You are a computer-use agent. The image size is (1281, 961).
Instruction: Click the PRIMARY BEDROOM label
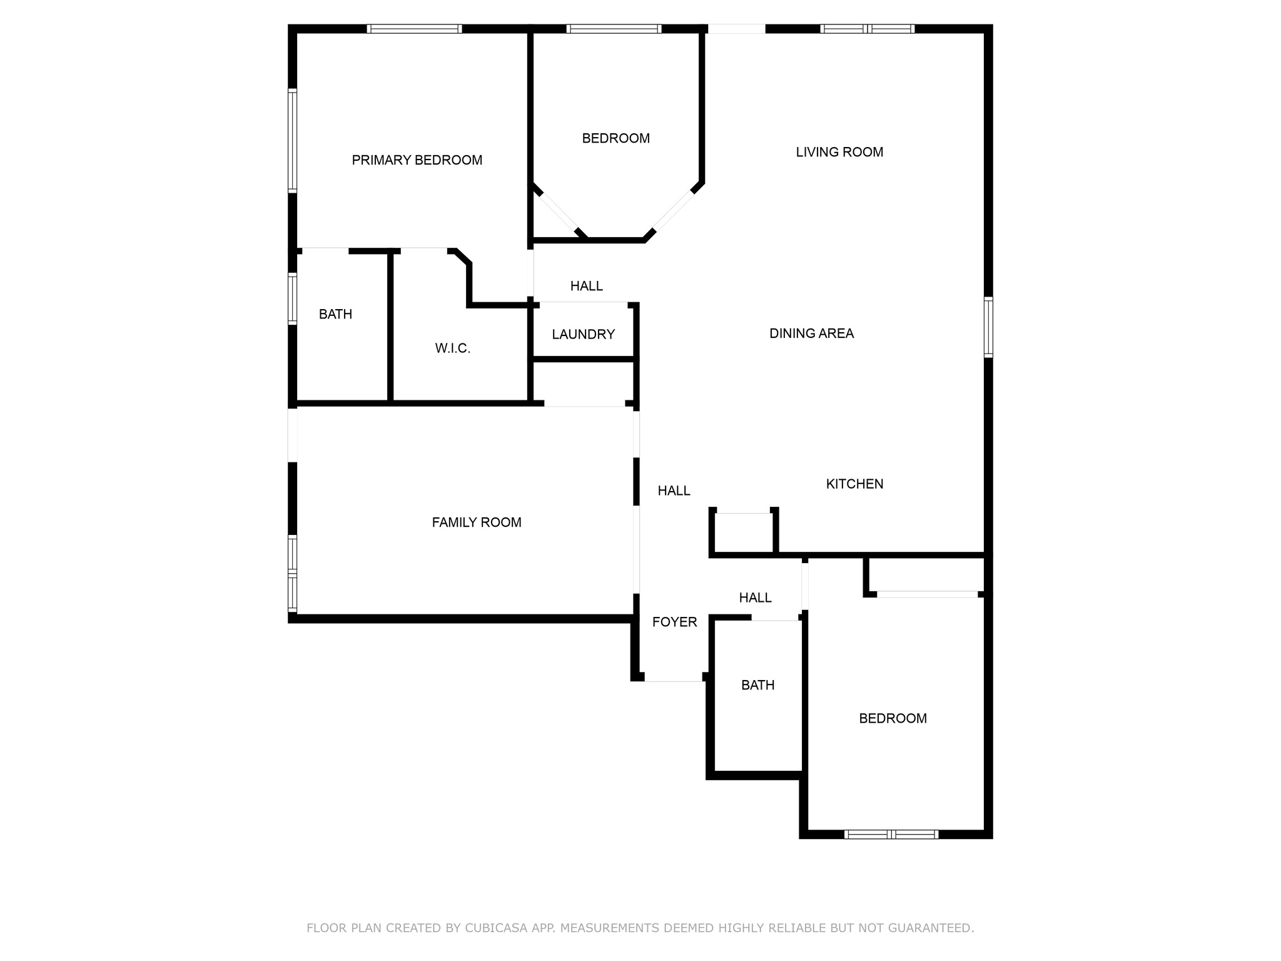tap(417, 160)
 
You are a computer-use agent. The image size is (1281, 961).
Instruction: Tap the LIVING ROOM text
tap(839, 152)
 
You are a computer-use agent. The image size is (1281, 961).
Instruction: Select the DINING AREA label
tap(811, 333)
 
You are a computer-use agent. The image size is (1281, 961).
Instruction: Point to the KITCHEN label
tap(854, 484)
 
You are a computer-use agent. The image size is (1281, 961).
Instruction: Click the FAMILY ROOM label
tap(477, 522)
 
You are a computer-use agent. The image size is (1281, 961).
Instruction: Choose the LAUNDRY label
tap(584, 335)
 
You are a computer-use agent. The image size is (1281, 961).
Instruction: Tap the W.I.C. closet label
tap(453, 348)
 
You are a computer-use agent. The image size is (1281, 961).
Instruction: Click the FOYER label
tap(674, 622)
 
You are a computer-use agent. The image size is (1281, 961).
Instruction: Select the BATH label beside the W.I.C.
tap(335, 314)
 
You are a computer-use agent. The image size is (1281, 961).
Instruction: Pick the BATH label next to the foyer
tap(757, 685)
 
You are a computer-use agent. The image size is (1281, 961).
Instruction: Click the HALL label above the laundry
tap(587, 286)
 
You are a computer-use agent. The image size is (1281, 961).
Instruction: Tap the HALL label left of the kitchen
tap(674, 491)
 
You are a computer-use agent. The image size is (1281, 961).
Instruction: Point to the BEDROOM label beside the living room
tap(615, 138)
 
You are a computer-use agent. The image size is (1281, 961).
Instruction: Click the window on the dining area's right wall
tap(988, 327)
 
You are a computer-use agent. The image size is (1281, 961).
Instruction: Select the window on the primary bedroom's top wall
tap(414, 29)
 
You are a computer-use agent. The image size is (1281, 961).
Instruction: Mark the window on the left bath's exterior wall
tap(292, 298)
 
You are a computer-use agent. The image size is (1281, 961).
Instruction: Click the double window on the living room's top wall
tap(867, 29)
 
